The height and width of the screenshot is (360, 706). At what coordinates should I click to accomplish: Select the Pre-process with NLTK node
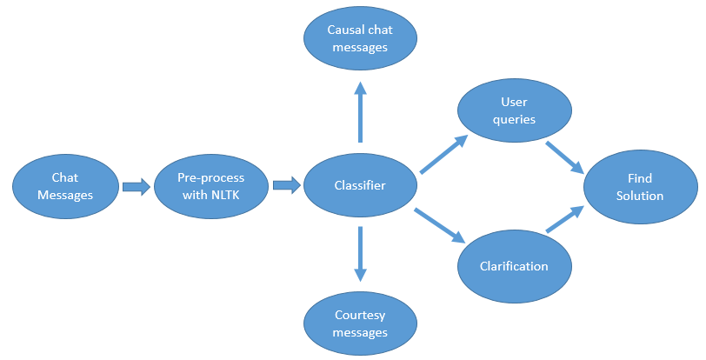[x=210, y=186]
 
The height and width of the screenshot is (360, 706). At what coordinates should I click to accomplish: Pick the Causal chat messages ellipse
[x=360, y=38]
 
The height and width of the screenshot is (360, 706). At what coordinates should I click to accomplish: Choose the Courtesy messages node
[x=360, y=323]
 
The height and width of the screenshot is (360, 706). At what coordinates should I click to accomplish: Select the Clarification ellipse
[x=515, y=265]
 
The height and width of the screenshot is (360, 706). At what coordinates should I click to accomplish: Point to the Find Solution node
[x=640, y=186]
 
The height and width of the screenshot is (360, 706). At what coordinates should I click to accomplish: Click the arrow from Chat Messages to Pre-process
[x=137, y=186]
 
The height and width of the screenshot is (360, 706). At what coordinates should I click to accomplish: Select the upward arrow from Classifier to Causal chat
[x=360, y=111]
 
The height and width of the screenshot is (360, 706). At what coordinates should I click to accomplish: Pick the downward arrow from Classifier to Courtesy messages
[x=360, y=254]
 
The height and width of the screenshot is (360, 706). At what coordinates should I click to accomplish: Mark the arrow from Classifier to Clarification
[x=441, y=225]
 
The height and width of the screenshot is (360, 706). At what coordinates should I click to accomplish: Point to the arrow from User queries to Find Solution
[x=564, y=157]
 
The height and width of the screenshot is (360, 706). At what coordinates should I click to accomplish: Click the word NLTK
[x=226, y=194]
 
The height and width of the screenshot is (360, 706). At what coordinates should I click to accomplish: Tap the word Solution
[x=640, y=195]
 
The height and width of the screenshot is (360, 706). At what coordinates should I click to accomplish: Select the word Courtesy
[x=360, y=316]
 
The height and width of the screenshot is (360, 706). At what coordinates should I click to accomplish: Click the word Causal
[x=346, y=30]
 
